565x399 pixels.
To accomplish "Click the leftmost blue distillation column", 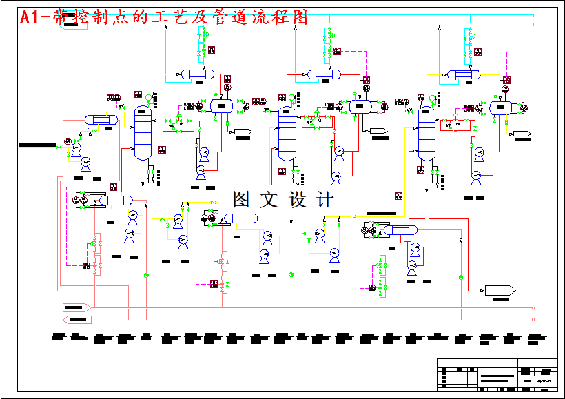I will tap(143, 132).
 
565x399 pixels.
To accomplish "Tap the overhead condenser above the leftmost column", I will tap(197, 74).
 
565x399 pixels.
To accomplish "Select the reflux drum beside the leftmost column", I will tap(221, 105).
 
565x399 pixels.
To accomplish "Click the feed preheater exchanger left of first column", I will tap(101, 120).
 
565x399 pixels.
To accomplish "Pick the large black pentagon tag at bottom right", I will tap(500, 290).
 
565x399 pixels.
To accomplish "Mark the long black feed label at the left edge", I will tap(37, 145).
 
